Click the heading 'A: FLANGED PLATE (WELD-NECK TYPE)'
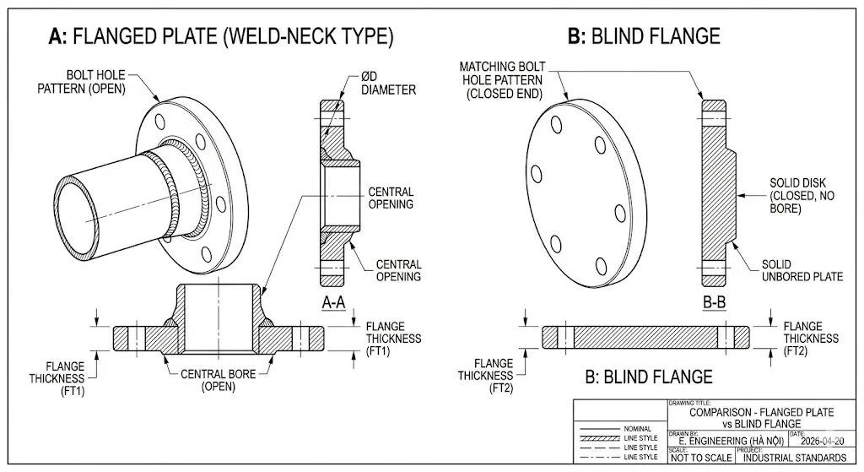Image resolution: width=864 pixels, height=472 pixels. click(x=221, y=36)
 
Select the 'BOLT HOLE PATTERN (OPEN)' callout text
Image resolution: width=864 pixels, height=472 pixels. click(x=81, y=82)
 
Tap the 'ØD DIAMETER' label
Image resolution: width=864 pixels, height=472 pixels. click(x=388, y=83)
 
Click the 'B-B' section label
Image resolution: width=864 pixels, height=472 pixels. click(x=714, y=303)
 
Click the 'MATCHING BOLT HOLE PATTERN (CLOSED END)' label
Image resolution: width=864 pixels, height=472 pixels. click(x=503, y=80)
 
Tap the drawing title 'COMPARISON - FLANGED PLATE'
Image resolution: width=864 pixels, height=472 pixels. click(x=762, y=412)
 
